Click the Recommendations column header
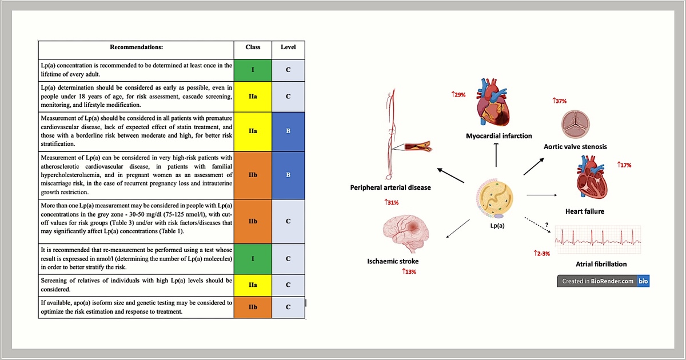click(x=136, y=47)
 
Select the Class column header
click(x=253, y=47)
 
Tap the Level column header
click(x=288, y=47)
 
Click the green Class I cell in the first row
click(x=253, y=70)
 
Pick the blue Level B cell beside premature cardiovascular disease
click(x=288, y=131)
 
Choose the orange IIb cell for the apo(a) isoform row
click(x=253, y=307)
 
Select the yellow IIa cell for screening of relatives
click(x=253, y=285)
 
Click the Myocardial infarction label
click(x=499, y=136)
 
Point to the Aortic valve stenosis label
click(x=575, y=147)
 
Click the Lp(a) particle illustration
click(x=494, y=199)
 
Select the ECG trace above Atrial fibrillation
click(x=598, y=240)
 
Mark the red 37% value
click(x=560, y=101)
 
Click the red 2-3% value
click(x=542, y=254)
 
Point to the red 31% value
click(x=392, y=202)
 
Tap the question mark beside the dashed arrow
click(x=547, y=225)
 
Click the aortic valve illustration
click(x=576, y=125)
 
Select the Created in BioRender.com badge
click(x=603, y=281)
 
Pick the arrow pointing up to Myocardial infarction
click(x=496, y=155)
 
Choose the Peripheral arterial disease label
click(x=390, y=187)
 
